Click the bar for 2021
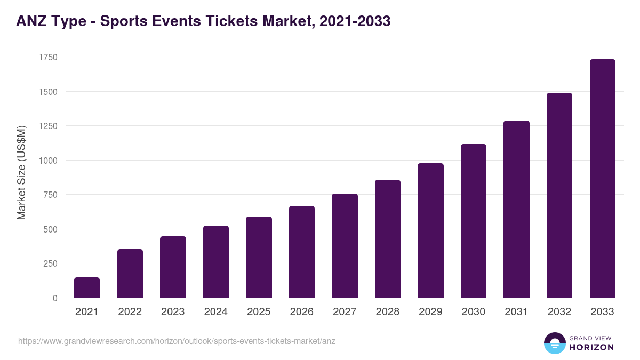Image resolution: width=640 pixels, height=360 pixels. click(x=87, y=287)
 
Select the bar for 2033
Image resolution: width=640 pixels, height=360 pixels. click(x=602, y=179)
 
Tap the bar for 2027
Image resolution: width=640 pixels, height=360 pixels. click(x=345, y=246)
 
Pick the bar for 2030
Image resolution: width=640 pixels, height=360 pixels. click(x=474, y=221)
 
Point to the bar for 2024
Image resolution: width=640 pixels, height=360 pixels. click(x=216, y=262)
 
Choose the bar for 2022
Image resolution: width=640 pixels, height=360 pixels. click(x=130, y=274)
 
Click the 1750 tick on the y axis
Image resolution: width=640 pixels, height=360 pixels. click(x=47, y=57)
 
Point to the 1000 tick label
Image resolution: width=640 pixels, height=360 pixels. click(x=47, y=161)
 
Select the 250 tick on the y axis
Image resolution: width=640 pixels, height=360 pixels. click(x=50, y=263)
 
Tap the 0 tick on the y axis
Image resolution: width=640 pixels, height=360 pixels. click(x=55, y=298)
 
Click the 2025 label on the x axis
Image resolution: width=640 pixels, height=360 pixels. click(x=259, y=312)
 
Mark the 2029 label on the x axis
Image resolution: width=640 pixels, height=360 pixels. click(x=430, y=312)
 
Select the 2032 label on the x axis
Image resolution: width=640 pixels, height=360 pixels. click(x=559, y=312)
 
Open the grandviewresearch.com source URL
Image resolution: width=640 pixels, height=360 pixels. click(x=177, y=341)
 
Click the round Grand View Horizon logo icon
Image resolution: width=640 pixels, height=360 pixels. click(x=554, y=343)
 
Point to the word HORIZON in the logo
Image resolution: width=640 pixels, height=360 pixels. click(x=591, y=347)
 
